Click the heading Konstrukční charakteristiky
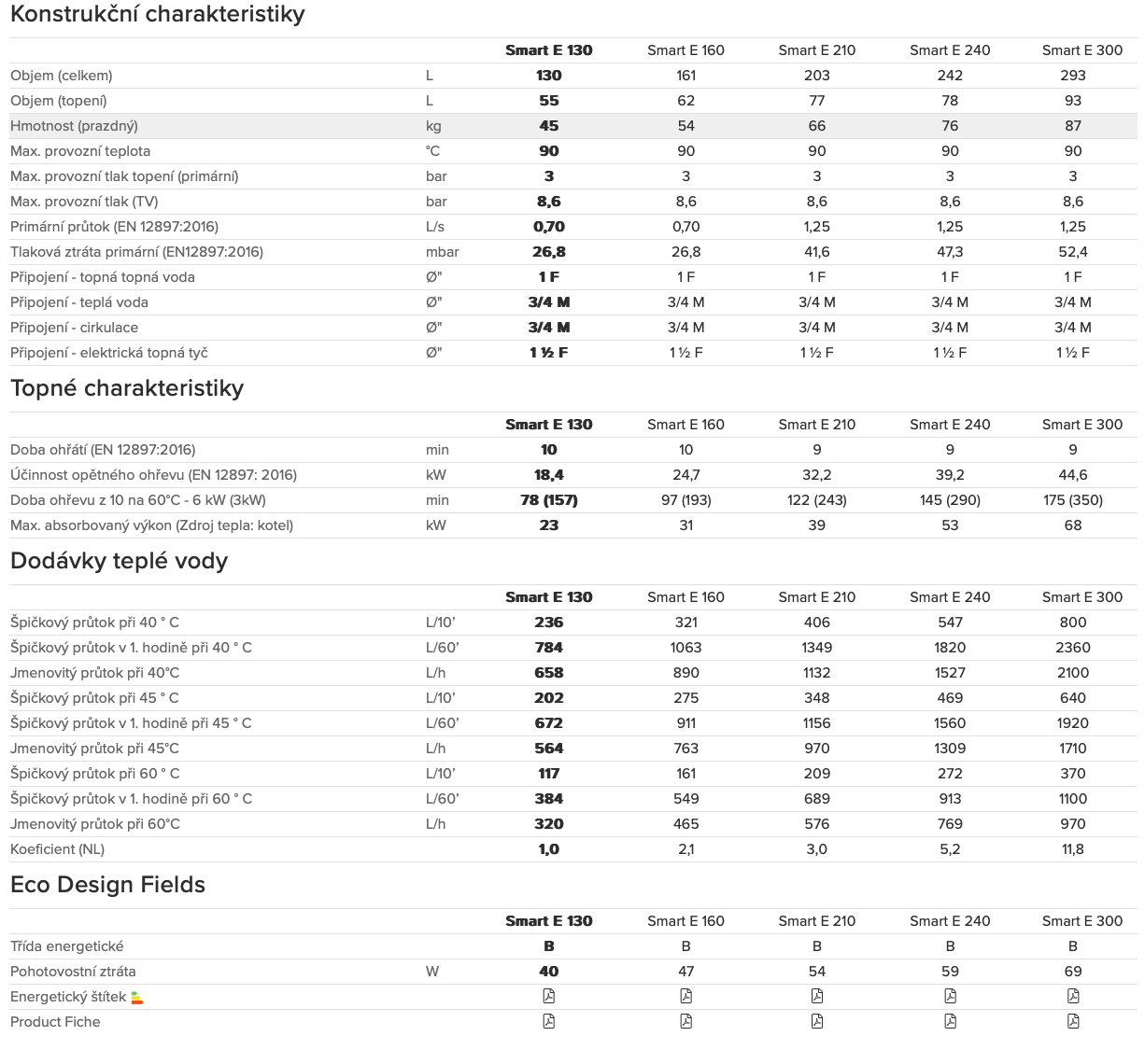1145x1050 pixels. tap(157, 14)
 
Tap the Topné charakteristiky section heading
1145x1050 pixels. tap(127, 388)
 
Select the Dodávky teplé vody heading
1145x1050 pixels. tap(119, 561)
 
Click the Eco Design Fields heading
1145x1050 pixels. tap(107, 885)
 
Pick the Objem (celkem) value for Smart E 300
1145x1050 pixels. tap(1072, 76)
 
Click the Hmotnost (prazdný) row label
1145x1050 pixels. tap(74, 126)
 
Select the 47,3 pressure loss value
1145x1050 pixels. tap(950, 252)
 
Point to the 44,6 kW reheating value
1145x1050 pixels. tap(1072, 475)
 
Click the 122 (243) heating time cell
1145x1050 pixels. tap(816, 500)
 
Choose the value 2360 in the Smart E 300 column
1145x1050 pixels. tap(1072, 648)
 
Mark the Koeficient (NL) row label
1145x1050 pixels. tap(57, 849)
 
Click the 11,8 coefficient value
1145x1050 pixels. tap(1072, 849)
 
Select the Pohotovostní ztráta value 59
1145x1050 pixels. tap(950, 972)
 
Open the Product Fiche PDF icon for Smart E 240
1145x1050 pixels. tap(950, 1022)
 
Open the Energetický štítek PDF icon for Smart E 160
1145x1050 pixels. tap(686, 997)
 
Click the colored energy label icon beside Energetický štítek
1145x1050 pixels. tap(137, 998)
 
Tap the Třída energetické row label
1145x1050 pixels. tap(66, 946)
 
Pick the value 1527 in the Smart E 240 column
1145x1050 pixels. tap(950, 673)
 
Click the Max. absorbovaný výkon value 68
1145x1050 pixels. tap(1072, 525)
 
